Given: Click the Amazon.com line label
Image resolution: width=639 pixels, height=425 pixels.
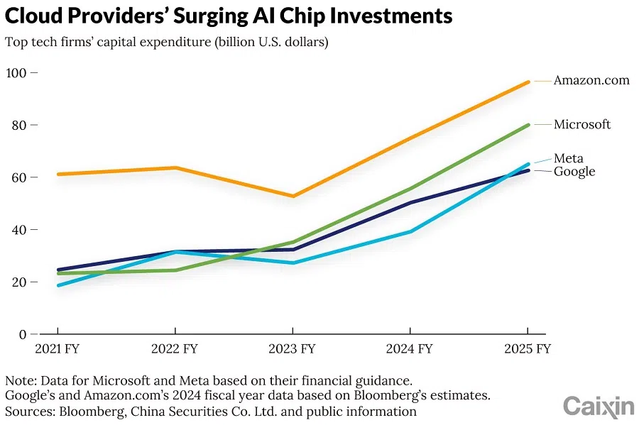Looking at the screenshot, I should point(591,80).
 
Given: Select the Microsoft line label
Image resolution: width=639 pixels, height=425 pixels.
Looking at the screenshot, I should point(582,124).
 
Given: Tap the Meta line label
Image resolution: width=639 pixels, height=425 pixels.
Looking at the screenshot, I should point(568,158).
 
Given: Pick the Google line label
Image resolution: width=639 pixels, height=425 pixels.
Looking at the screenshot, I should point(574,171).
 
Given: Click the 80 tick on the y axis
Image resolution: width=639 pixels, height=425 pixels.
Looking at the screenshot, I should point(18,125).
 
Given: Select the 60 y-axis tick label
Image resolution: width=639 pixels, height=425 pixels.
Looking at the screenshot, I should point(18,177).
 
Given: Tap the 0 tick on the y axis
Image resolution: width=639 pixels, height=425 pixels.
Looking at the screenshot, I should point(23,334).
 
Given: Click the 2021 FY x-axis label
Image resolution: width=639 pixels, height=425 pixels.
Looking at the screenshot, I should point(57,348).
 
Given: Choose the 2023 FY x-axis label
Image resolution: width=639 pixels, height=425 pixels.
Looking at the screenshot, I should point(293,348).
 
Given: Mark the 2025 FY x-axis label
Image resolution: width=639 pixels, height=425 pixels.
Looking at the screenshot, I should point(527,348).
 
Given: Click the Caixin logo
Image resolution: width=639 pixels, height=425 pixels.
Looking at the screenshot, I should point(598,407).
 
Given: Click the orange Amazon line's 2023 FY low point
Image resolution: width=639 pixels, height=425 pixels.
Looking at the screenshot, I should point(293,196).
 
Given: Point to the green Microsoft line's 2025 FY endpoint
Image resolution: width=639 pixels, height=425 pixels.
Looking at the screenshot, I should point(528,125).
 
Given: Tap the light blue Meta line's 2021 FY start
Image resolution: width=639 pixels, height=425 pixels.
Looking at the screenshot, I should point(58,285).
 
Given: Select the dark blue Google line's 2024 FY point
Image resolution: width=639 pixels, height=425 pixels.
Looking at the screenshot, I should point(410,203).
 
